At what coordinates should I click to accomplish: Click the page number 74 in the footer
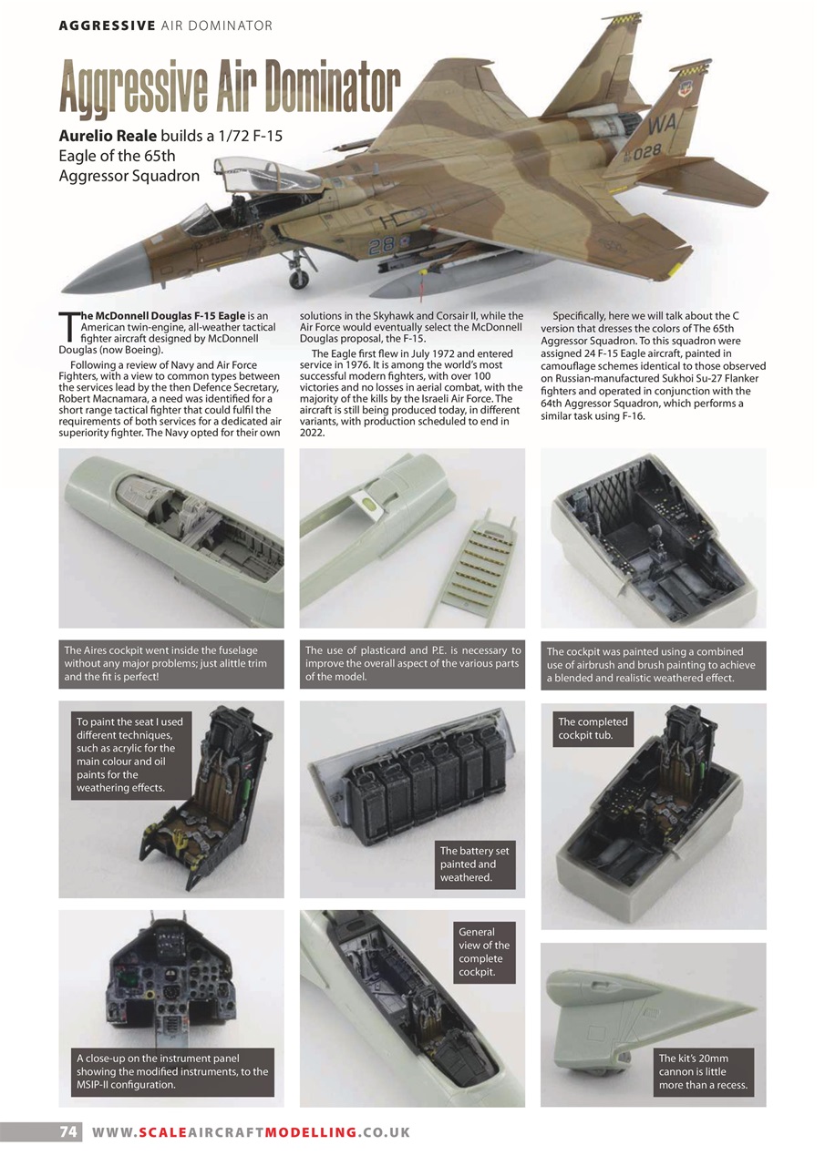pyautogui.click(x=67, y=1132)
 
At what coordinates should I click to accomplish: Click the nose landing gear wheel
pyautogui.click(x=297, y=281)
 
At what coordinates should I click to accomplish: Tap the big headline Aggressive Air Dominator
pyautogui.click(x=230, y=89)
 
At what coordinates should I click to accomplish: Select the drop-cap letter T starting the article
pyautogui.click(x=67, y=324)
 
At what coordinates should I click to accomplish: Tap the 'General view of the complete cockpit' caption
pyautogui.click(x=484, y=952)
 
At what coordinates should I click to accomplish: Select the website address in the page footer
pyautogui.click(x=251, y=1132)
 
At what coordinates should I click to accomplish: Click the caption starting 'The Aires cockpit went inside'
pyautogui.click(x=170, y=664)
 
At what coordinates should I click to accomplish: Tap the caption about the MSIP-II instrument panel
pyautogui.click(x=172, y=1071)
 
